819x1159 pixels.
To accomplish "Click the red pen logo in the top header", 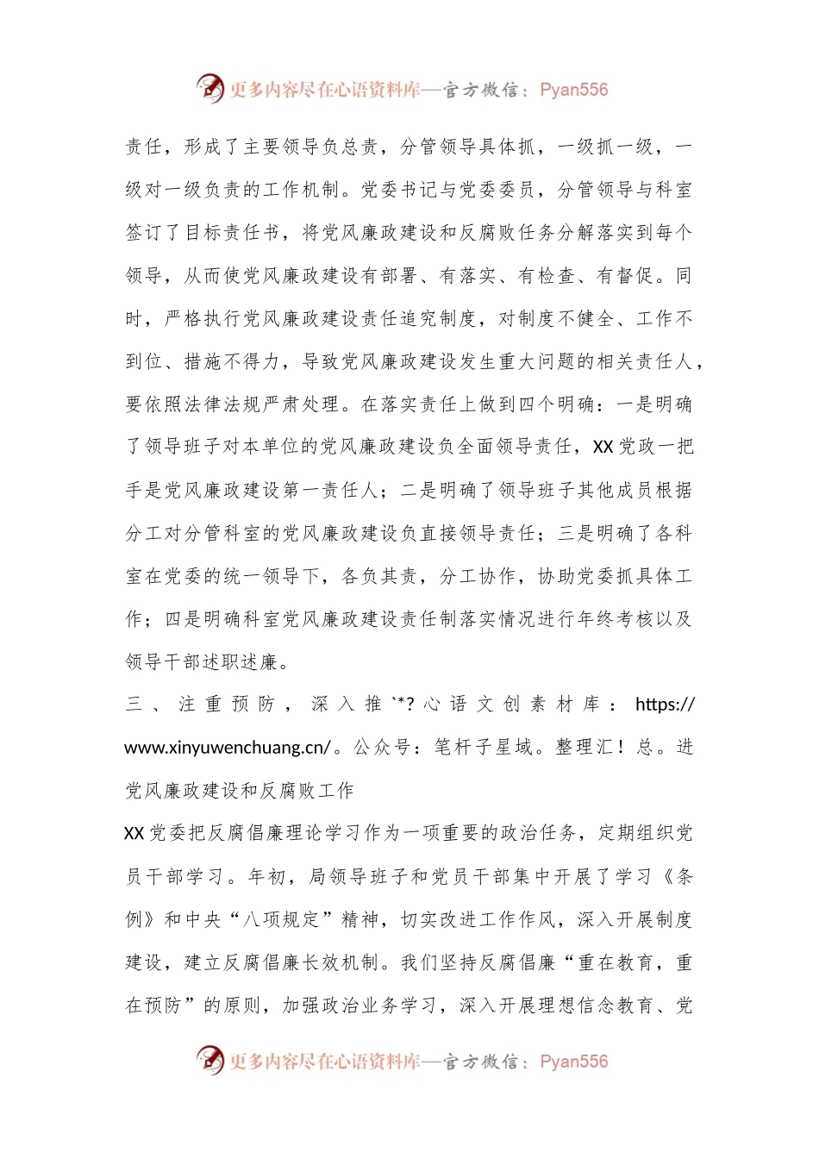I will point(209,88).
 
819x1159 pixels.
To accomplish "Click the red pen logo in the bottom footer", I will point(209,1060).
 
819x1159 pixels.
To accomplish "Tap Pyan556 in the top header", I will point(574,90).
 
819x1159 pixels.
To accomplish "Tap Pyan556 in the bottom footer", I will point(574,1062).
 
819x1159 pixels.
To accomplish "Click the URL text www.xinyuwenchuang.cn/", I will point(228,748).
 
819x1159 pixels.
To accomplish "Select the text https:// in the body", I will point(665,705).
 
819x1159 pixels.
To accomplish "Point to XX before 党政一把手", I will point(603,447).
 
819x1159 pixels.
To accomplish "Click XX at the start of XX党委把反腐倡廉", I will point(134,833).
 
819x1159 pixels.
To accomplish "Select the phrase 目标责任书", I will point(233,233).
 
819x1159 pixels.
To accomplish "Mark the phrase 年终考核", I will point(605,619).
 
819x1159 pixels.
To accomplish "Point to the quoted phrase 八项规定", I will point(272,919).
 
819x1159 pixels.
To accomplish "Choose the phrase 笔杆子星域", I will point(483,748).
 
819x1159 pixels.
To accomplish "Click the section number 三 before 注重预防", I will point(134,705).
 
